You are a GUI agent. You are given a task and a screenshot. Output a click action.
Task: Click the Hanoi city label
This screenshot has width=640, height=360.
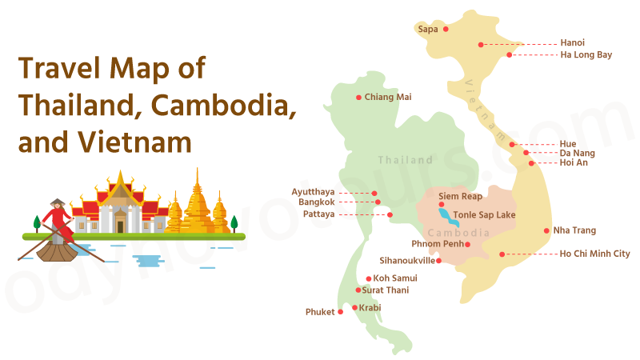click(572, 42)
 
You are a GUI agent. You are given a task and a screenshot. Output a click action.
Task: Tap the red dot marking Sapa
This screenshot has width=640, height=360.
click(446, 29)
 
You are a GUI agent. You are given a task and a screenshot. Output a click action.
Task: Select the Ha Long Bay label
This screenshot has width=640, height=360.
click(586, 55)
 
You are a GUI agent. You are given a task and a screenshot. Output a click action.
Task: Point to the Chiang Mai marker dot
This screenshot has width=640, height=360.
click(358, 98)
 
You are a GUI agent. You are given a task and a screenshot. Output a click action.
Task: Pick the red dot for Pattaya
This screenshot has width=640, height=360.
click(390, 214)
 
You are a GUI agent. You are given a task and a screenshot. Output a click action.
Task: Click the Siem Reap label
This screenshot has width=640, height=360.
click(460, 196)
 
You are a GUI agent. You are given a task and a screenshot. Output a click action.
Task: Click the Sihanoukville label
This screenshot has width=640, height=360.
click(407, 261)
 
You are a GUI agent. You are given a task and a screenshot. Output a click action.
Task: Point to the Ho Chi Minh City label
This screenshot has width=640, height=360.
click(595, 254)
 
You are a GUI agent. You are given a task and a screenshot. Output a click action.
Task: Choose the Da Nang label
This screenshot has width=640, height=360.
click(577, 153)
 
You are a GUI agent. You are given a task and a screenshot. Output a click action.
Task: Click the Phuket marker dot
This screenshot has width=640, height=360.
click(341, 312)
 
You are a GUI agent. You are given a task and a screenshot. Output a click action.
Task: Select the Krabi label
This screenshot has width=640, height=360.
click(370, 308)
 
